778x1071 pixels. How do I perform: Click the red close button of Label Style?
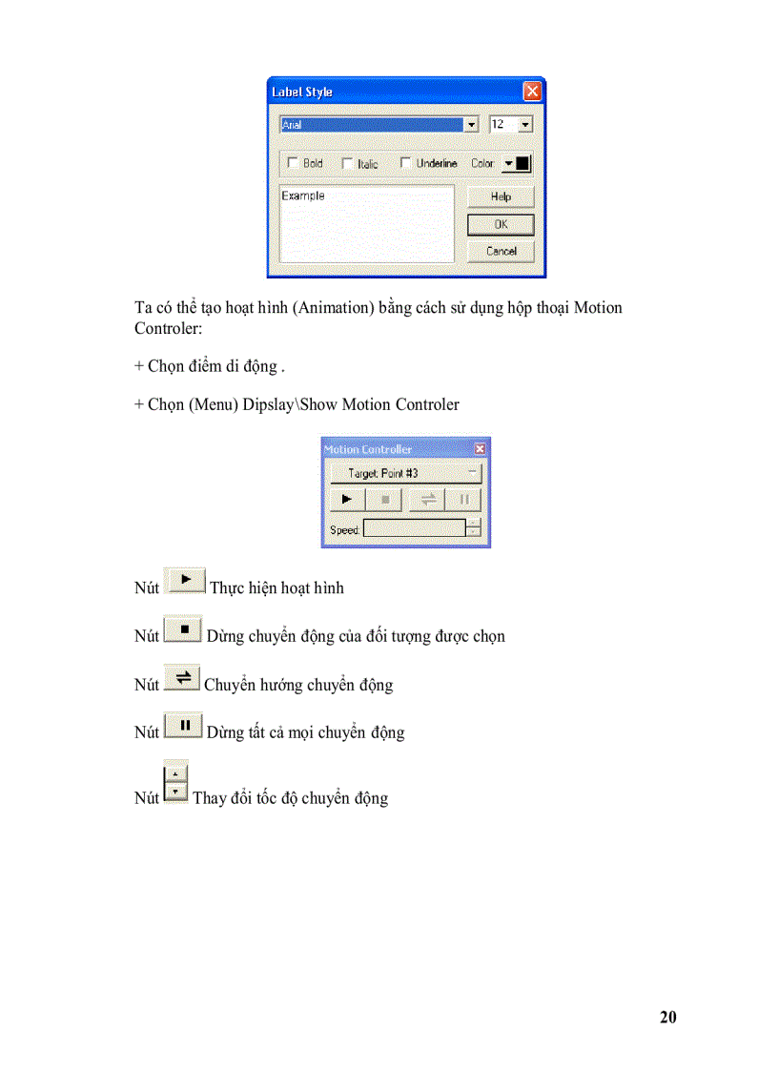click(x=532, y=92)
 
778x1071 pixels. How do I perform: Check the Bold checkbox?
click(x=293, y=163)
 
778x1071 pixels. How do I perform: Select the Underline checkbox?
click(x=405, y=163)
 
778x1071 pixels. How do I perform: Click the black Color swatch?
click(x=522, y=163)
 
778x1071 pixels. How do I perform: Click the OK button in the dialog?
click(x=501, y=225)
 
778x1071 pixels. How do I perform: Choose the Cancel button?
click(x=501, y=251)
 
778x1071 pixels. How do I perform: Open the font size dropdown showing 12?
click(x=525, y=125)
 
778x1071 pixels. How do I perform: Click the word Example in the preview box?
click(x=303, y=196)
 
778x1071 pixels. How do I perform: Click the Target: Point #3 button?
click(x=404, y=473)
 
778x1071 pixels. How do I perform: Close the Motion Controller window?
click(x=480, y=449)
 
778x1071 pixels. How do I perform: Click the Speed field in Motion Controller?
click(x=414, y=528)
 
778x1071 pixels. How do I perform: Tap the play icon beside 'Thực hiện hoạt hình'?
click(x=186, y=580)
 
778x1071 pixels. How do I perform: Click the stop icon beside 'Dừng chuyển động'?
click(x=183, y=629)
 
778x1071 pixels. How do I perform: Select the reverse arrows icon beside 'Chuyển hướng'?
click(x=182, y=678)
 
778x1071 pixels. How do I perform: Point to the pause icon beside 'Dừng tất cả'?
click(x=183, y=726)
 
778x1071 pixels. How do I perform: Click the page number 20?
click(x=667, y=1018)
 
